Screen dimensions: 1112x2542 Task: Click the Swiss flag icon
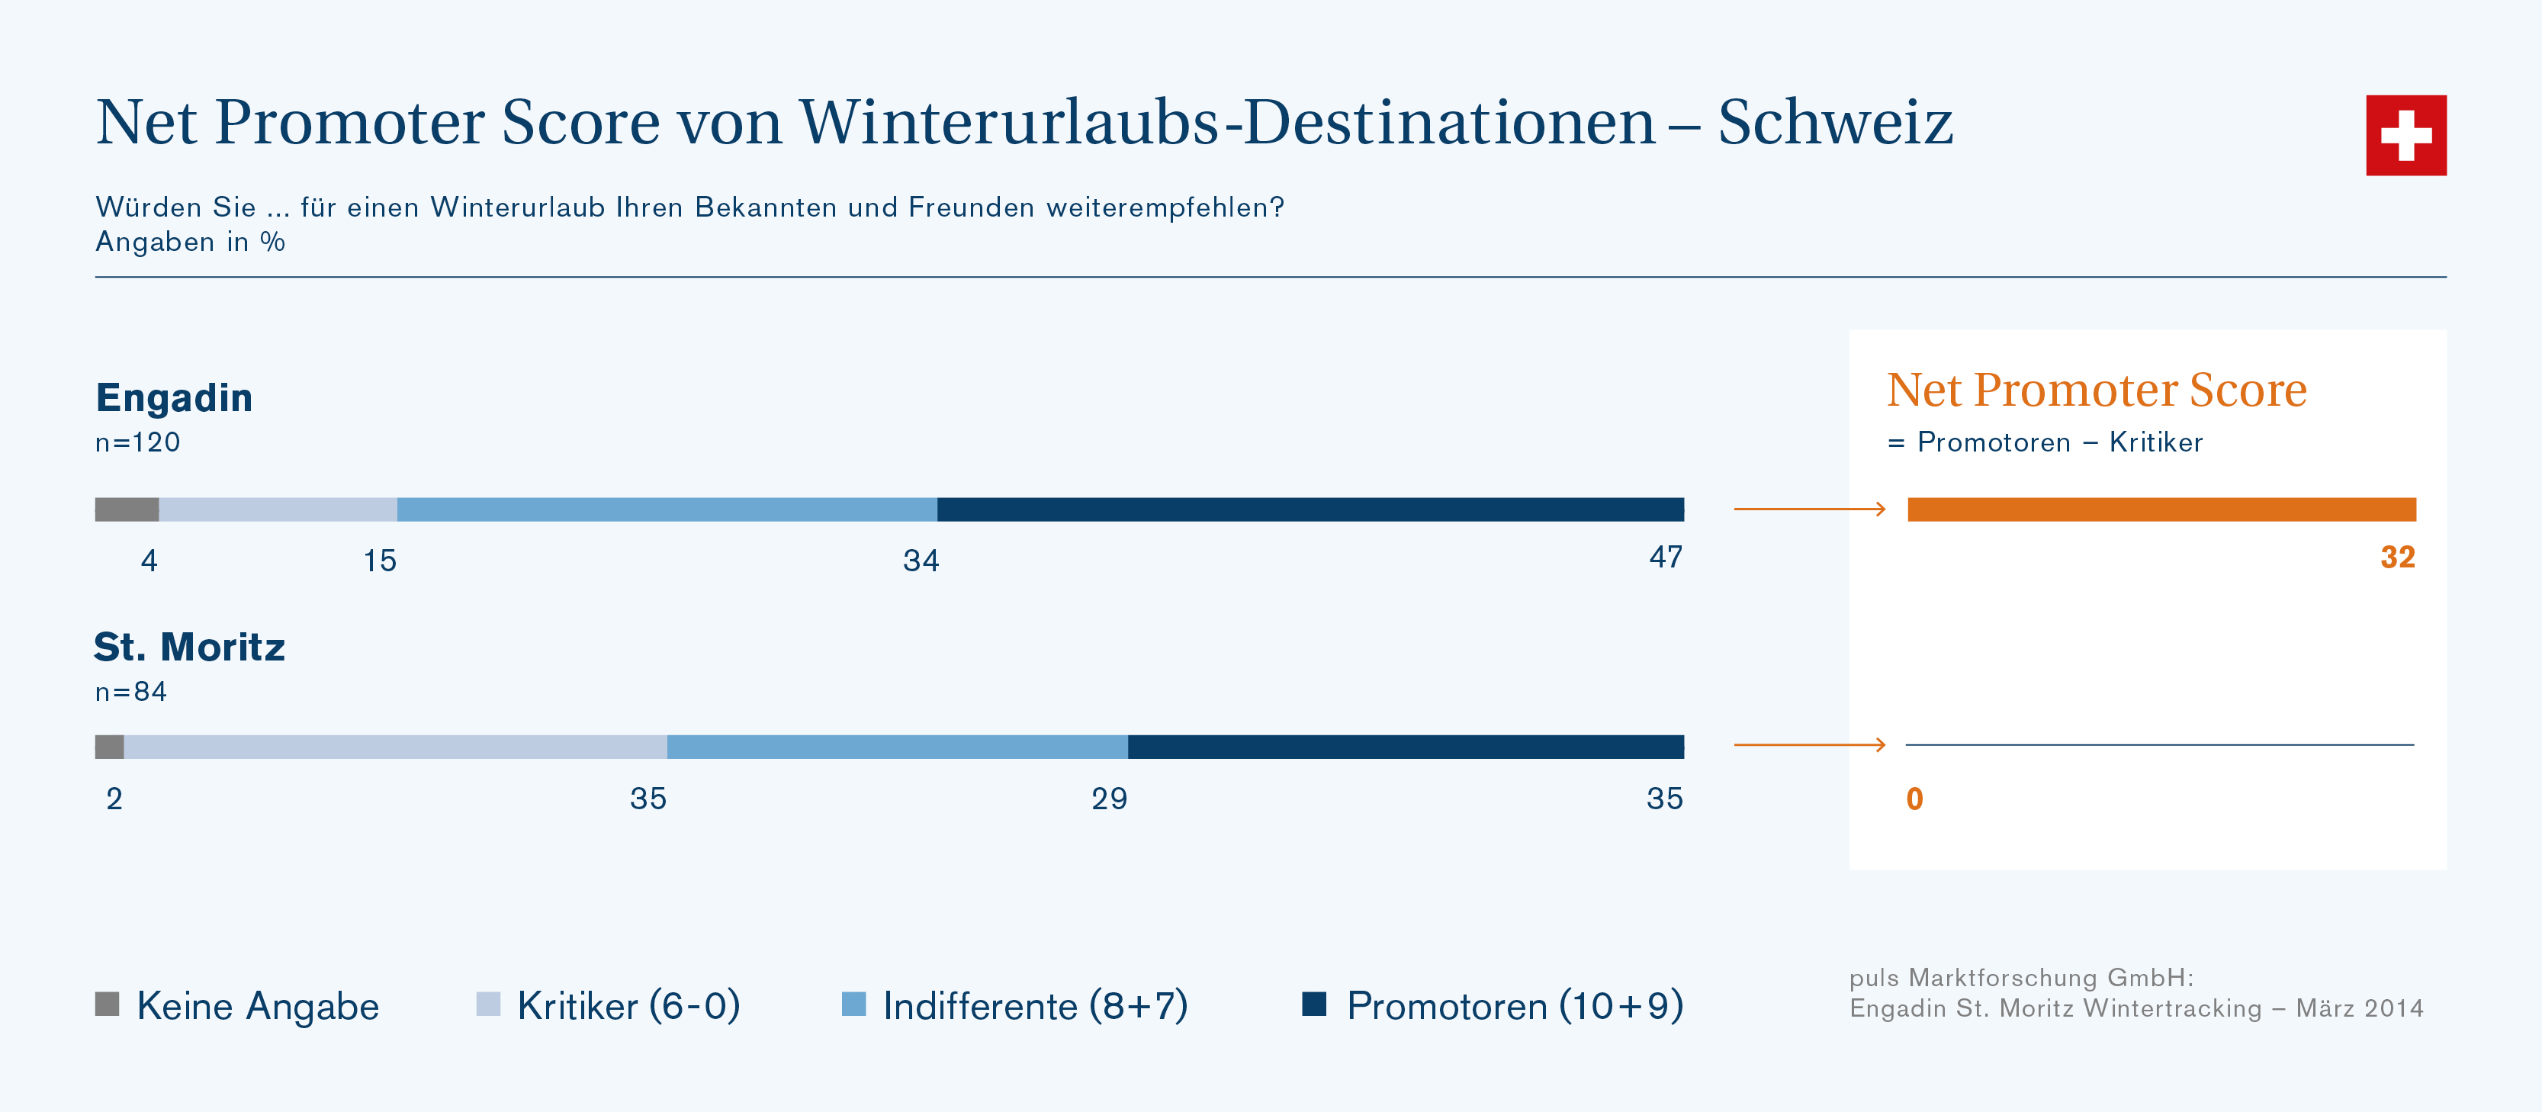[2405, 135]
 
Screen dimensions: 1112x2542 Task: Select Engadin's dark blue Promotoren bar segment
[1310, 509]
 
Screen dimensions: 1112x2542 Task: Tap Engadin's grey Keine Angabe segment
[127, 509]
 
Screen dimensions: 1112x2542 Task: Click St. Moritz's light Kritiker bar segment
[395, 747]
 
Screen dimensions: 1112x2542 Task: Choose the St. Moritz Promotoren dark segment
[1405, 747]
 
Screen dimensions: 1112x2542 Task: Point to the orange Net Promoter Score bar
[2161, 509]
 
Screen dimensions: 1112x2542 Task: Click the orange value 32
[2397, 558]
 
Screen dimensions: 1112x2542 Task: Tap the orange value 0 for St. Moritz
[1914, 799]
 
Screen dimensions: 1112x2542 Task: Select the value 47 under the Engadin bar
[1666, 558]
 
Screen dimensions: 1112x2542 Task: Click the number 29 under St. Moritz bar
[1109, 799]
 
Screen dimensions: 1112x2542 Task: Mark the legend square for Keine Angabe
[107, 1004]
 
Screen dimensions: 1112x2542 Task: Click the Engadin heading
[175, 397]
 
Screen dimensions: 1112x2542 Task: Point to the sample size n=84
[131, 692]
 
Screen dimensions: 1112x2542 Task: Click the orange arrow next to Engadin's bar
[1809, 509]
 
